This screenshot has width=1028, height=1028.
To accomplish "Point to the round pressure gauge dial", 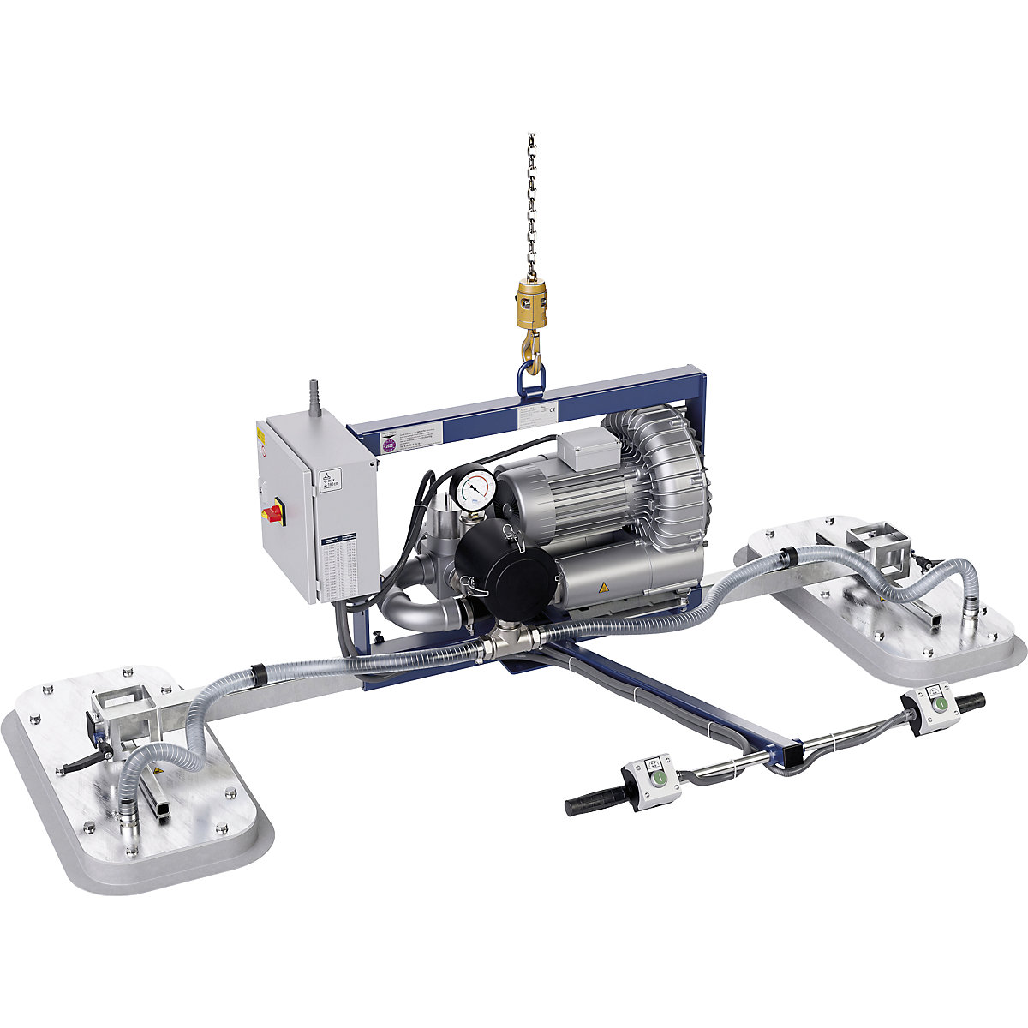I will click(x=472, y=490).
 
